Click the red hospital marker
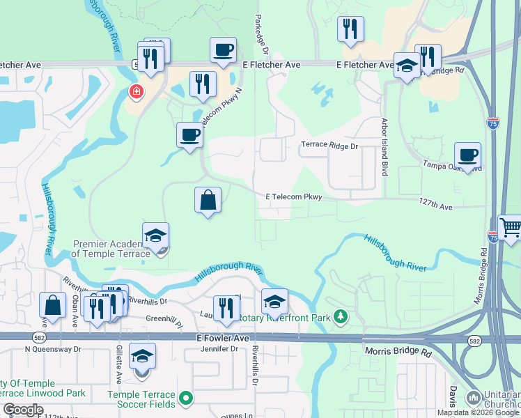(136, 91)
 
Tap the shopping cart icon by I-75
(511, 227)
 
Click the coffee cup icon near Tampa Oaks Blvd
(467, 155)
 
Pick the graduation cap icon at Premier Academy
(155, 236)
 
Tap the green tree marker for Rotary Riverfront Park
(340, 317)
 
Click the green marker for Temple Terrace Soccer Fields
(185, 398)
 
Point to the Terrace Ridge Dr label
(329, 146)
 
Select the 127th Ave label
(435, 207)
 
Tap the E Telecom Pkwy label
(293, 197)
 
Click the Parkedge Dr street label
(262, 31)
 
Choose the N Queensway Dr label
(53, 349)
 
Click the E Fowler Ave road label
(221, 338)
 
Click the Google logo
(22, 410)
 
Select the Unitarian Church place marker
(472, 398)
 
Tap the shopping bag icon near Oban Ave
(53, 304)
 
